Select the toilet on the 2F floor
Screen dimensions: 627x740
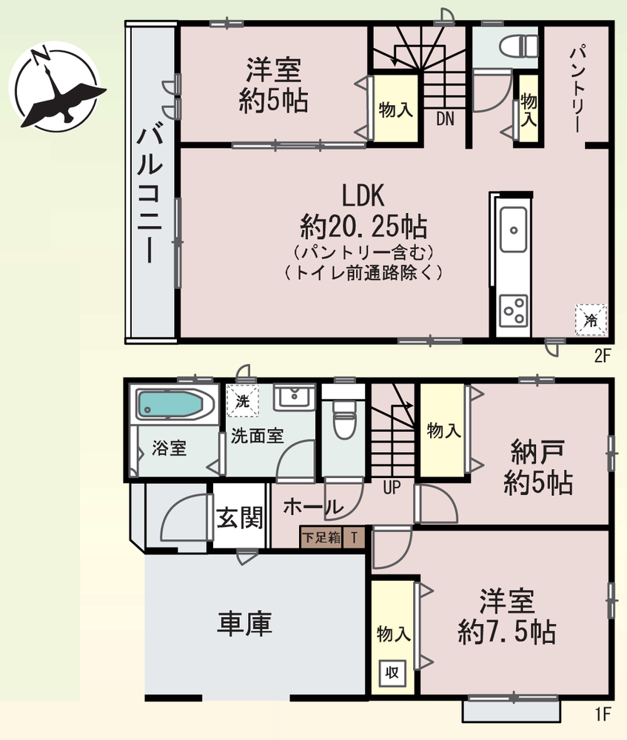coord(518,46)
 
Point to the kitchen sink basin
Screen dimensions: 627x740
coord(513,230)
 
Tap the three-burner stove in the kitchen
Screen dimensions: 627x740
coord(514,310)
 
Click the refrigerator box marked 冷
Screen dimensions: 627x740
coord(591,320)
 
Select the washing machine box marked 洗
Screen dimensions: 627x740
coord(243,401)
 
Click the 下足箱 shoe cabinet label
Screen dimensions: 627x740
coord(321,537)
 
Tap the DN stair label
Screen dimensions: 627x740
coord(445,118)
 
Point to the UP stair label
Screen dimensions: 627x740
coord(392,487)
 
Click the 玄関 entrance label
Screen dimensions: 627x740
coord(240,518)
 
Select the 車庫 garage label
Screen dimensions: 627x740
coord(244,623)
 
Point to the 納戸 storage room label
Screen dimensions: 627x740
coord(538,452)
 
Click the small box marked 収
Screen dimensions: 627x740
coord(392,673)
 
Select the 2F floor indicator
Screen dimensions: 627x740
coord(603,355)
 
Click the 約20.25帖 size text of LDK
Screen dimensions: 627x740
coord(363,227)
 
